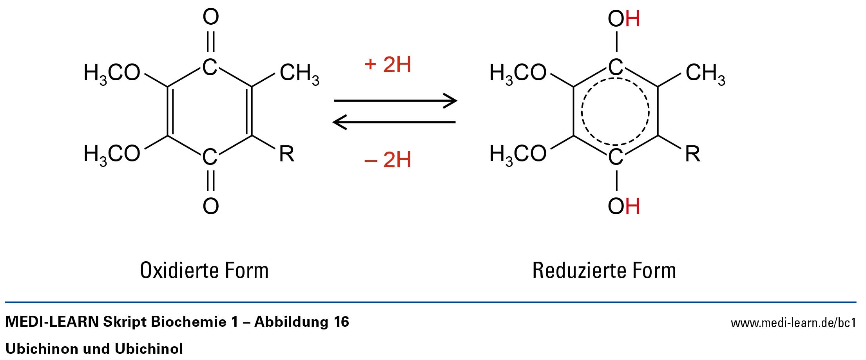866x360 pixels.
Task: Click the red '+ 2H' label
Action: tap(388, 65)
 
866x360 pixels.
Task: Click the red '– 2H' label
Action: tap(388, 160)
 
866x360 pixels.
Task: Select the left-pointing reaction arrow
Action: tap(394, 122)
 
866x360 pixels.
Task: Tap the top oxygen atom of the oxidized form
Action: tap(211, 17)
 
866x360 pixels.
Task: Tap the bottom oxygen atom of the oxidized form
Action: tap(211, 206)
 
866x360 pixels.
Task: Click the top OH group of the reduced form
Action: tap(623, 19)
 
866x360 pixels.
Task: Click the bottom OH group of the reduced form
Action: tap(623, 206)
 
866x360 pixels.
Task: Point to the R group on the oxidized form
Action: tap(286, 154)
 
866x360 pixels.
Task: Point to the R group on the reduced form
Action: tap(692, 154)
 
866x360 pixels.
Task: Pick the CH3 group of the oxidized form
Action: tap(299, 74)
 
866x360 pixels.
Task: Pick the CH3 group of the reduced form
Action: tap(705, 74)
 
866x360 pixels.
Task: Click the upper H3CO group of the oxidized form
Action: tap(112, 74)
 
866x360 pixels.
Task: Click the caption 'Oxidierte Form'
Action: tap(204, 270)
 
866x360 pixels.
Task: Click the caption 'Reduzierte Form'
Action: tap(604, 270)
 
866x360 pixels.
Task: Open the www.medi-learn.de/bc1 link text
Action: tap(793, 323)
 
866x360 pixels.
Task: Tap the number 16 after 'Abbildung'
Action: tap(341, 322)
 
